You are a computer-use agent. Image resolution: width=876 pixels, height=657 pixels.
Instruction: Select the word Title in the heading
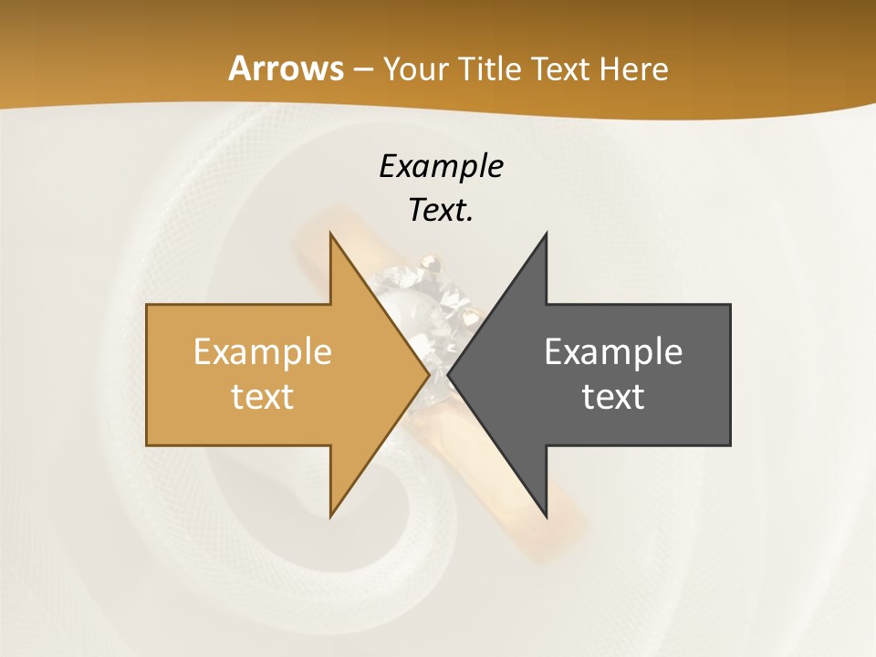(x=488, y=68)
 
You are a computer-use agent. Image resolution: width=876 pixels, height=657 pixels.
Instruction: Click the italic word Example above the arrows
(x=441, y=166)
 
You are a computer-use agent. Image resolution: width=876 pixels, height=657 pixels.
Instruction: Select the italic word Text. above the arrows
(x=441, y=211)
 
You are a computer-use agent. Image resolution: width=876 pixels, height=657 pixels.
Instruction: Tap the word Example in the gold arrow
(x=263, y=351)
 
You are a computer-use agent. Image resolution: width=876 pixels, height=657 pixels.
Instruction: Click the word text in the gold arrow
(x=263, y=397)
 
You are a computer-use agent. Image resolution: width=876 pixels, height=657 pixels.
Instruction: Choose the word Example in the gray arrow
(x=613, y=351)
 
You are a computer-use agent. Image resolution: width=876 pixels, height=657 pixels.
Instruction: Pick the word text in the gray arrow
(x=613, y=397)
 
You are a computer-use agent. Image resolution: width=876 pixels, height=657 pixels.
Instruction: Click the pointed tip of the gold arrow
(x=428, y=374)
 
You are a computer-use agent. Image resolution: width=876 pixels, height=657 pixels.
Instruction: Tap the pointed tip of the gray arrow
(x=448, y=374)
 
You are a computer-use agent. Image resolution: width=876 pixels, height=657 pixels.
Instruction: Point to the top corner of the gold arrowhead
(x=330, y=234)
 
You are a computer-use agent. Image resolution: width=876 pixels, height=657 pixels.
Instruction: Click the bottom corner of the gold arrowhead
(x=330, y=516)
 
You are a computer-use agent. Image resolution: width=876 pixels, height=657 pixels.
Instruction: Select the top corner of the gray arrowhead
(x=547, y=234)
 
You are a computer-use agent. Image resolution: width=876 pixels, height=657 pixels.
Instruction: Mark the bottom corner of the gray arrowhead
(x=547, y=516)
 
